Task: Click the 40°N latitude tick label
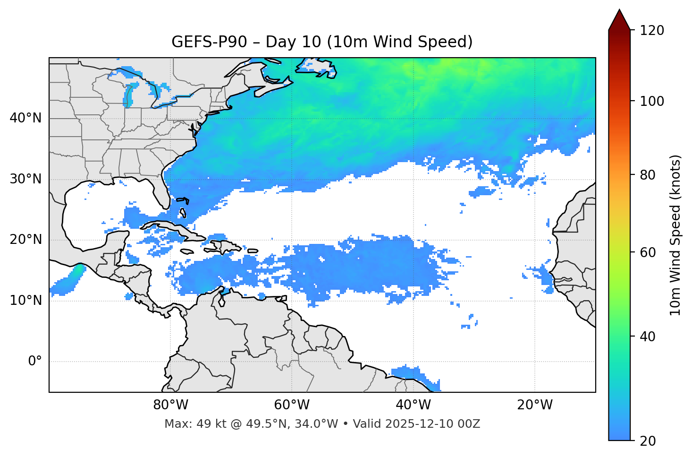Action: [x=25, y=118]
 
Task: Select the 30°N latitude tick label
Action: [x=25, y=179]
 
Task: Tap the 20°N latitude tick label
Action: [x=25, y=240]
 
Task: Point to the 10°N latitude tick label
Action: [x=25, y=301]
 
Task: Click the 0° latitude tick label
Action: [x=35, y=362]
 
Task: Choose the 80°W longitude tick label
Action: [x=170, y=405]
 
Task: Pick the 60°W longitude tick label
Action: [x=292, y=405]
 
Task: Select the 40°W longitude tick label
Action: [x=413, y=405]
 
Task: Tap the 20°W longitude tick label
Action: [x=535, y=405]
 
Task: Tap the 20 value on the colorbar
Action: [x=647, y=441]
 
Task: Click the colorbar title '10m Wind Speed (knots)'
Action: [x=675, y=235]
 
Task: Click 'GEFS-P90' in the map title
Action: [x=209, y=42]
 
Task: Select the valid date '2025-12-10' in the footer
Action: [x=417, y=424]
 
